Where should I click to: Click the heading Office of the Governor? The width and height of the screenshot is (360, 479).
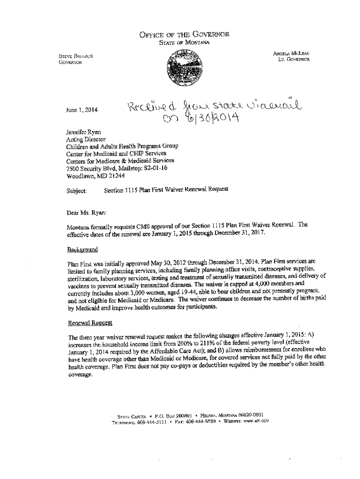pos(184,34)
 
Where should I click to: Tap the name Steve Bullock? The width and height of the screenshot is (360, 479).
pos(76,56)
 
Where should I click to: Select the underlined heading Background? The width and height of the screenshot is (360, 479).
pos(83,249)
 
